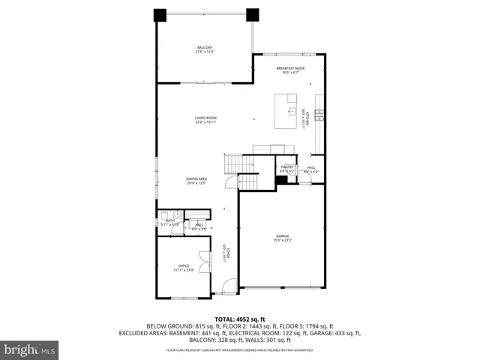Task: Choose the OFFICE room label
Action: [x=184, y=267]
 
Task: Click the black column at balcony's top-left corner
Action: [x=160, y=15]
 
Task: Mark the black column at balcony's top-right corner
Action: [x=252, y=14]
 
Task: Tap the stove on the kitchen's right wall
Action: [x=319, y=115]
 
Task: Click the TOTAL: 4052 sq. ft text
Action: [x=239, y=319]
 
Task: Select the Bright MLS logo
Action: [x=29, y=349]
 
